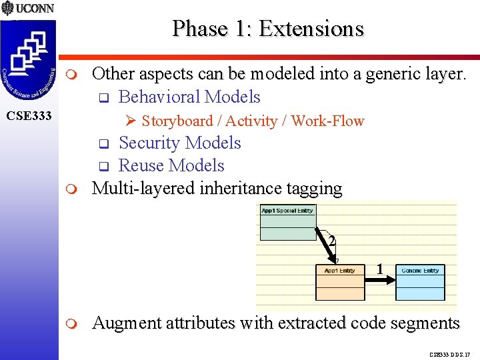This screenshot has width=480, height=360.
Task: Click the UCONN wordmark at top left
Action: [35, 9]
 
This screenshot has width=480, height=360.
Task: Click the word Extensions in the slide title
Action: [311, 29]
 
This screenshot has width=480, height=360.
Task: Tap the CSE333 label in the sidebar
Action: [29, 117]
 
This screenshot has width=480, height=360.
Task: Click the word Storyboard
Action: [176, 121]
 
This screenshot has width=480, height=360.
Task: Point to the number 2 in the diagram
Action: [332, 241]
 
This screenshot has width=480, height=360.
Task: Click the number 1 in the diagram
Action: [379, 269]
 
